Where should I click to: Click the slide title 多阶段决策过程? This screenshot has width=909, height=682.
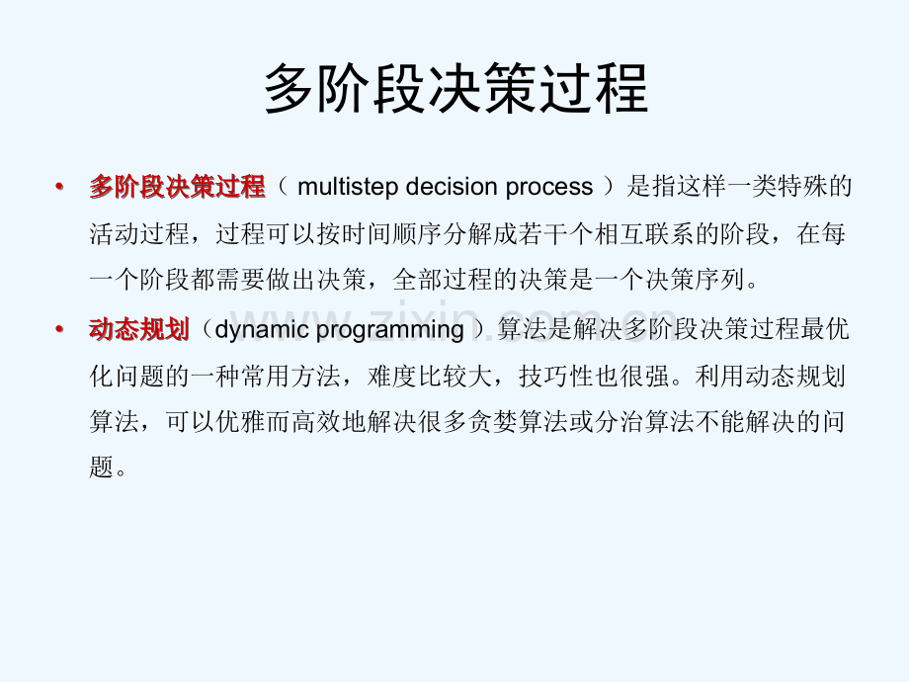[454, 89]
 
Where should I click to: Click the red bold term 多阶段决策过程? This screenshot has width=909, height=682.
[177, 187]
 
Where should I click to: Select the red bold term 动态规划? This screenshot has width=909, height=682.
[138, 329]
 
